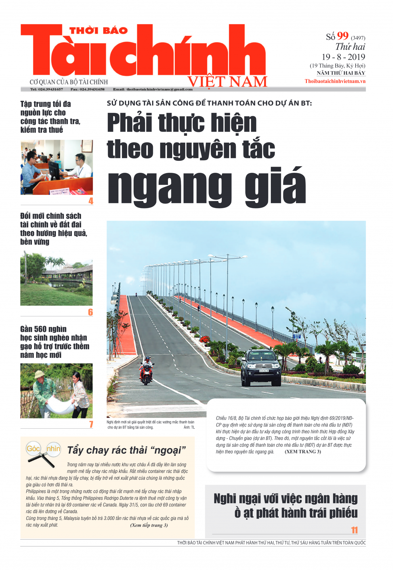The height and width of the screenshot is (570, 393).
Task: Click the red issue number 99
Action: point(343,36)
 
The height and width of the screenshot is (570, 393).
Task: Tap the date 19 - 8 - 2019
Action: point(343,57)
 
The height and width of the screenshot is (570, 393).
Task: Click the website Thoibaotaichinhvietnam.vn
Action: point(335,81)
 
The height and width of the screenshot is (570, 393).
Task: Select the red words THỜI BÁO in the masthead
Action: point(98,30)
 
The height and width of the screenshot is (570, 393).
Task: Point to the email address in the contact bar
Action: point(153,89)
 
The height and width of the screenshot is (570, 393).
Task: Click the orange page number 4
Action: point(91,201)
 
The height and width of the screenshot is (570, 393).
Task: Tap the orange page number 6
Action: point(91,312)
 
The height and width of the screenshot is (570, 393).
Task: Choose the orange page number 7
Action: point(91,424)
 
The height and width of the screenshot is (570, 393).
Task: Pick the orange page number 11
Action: point(354,530)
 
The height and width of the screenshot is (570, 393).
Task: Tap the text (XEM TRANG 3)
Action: point(303,452)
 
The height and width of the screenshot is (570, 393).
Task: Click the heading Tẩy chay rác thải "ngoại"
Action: point(126,450)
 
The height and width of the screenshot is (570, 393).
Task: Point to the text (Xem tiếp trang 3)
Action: point(149,525)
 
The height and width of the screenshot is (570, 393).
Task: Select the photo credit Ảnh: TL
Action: point(189,427)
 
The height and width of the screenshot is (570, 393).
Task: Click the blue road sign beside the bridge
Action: point(297,336)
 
